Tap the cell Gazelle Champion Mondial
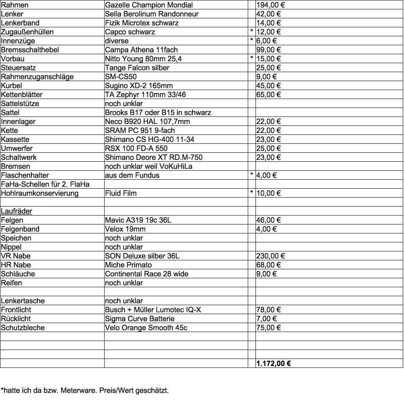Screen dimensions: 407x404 point(149,5)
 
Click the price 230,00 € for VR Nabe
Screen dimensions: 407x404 point(271,256)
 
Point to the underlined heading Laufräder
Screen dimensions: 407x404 point(17,211)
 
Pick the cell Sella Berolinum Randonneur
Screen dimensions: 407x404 point(152,14)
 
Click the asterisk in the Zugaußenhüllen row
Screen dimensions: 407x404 point(252,32)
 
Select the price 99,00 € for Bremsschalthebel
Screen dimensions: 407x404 point(269,50)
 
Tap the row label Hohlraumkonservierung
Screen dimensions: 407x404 point(39,194)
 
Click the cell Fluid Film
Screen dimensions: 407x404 point(121,194)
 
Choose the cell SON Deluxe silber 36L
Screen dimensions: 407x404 point(142,256)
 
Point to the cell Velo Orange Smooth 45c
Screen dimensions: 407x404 point(146,328)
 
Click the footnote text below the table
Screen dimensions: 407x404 point(85,391)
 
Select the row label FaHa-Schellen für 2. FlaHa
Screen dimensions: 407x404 point(45,185)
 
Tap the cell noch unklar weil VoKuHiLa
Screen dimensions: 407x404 point(148,167)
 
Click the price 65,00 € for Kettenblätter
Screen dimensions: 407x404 point(269,95)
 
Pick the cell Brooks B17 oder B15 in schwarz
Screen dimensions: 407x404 point(158,113)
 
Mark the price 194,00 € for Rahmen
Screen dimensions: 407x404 point(271,5)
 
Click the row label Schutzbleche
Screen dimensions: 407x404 point(23,328)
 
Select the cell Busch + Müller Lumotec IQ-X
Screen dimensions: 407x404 point(153,310)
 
